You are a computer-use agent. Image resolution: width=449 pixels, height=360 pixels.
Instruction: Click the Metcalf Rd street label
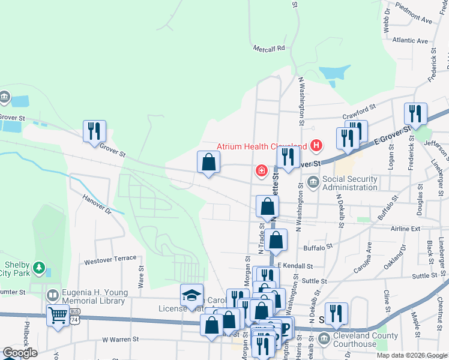coord(268,47)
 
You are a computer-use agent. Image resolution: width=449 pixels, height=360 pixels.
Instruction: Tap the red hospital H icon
coord(316,146)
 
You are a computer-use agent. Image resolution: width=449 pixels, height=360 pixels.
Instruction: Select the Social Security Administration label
coord(350,183)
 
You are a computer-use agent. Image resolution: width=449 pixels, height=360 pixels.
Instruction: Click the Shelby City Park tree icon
coord(39,267)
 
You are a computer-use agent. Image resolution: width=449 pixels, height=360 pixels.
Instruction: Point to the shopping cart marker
coord(58,316)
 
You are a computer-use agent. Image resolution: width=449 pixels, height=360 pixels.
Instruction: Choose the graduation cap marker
coord(191,295)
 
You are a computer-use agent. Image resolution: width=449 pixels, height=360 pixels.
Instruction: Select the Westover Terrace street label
coord(110,259)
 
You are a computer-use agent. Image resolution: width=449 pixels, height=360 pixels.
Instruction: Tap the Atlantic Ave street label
coord(409,41)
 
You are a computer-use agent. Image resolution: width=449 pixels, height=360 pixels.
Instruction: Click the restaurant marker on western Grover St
coord(94,131)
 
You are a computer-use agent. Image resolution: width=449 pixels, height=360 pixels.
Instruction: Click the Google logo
coord(20,353)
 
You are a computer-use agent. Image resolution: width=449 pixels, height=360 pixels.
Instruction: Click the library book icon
coord(53,296)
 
